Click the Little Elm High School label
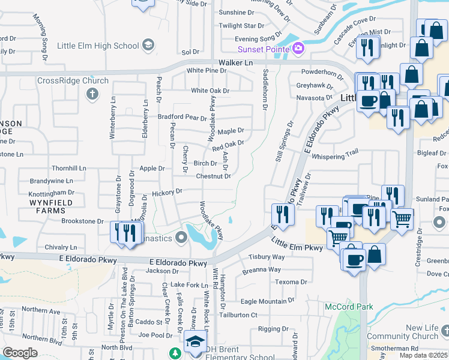click(x=97, y=46)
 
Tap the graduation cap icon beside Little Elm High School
click(x=148, y=46)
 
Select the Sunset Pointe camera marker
click(x=297, y=49)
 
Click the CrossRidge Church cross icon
click(x=92, y=94)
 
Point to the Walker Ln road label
click(x=236, y=62)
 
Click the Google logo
click(x=20, y=353)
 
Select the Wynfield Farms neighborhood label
click(x=50, y=207)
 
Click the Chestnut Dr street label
click(x=214, y=176)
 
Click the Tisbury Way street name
click(x=267, y=257)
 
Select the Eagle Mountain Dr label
click(x=268, y=301)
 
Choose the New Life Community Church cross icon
click(x=445, y=331)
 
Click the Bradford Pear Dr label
click(x=182, y=117)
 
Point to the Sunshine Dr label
click(x=237, y=13)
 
